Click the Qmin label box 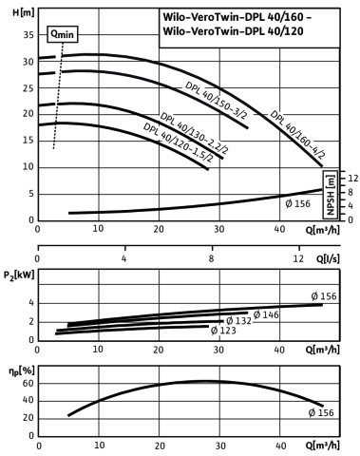point(63,34)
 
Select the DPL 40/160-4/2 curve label point(297,135)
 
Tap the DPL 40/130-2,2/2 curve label point(194,133)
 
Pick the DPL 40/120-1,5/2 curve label point(178,142)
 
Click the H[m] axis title point(23,13)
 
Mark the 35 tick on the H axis point(28,34)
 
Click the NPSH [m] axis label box point(330,195)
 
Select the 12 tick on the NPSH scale point(353,178)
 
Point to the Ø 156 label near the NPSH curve point(298,203)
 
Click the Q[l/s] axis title point(328,258)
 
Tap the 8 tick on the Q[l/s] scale point(211,258)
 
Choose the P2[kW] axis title point(19,275)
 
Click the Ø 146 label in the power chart point(266,314)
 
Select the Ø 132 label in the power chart point(238,321)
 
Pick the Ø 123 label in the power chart point(223,331)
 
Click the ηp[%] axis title point(22,371)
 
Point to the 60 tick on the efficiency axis point(28,384)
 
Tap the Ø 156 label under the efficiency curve point(321,412)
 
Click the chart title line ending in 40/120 point(233,31)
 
